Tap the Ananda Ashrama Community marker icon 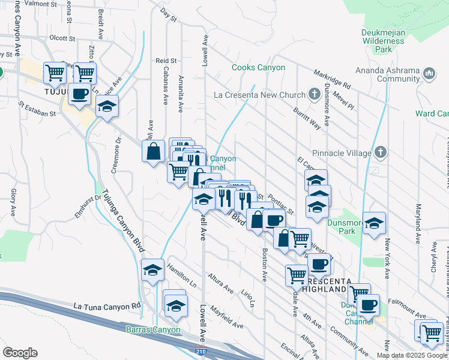429,73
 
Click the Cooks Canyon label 258,68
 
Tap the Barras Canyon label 153,329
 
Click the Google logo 20,353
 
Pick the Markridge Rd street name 331,79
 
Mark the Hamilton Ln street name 182,274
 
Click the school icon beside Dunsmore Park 374,223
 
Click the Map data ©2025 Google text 412,355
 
